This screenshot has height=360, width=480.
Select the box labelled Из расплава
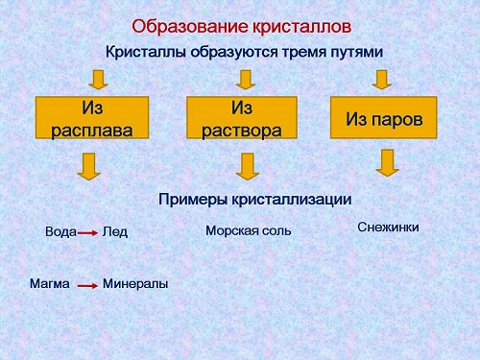pos(91,117)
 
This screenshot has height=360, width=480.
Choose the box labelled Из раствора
pos(241,117)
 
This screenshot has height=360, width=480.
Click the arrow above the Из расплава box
pos(96,78)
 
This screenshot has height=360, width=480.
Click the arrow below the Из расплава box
pos(89,167)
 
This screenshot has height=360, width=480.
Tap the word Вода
pos(60,231)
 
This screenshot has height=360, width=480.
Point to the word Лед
pos(115,231)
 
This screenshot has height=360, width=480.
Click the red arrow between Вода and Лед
pos(88,232)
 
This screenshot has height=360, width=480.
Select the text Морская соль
pos(248,230)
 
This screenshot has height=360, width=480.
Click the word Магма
pos(49,284)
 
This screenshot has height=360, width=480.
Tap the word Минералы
pos(135,284)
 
